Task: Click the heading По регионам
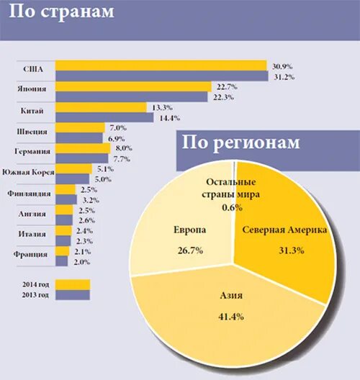[239, 142]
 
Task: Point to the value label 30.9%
[282, 66]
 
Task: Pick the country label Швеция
[32, 132]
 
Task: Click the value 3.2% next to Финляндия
[91, 199]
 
